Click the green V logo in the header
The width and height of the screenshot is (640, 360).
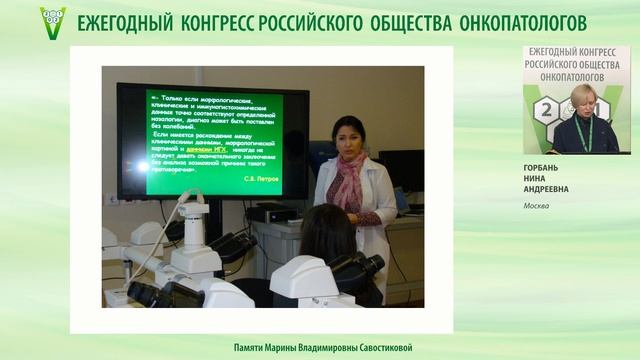tap(52, 19)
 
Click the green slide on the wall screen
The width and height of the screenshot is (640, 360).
tap(214, 141)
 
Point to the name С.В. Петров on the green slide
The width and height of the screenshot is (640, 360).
tap(262, 179)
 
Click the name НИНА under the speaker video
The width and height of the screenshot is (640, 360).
tap(536, 179)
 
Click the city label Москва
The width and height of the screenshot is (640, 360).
tap(536, 206)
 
